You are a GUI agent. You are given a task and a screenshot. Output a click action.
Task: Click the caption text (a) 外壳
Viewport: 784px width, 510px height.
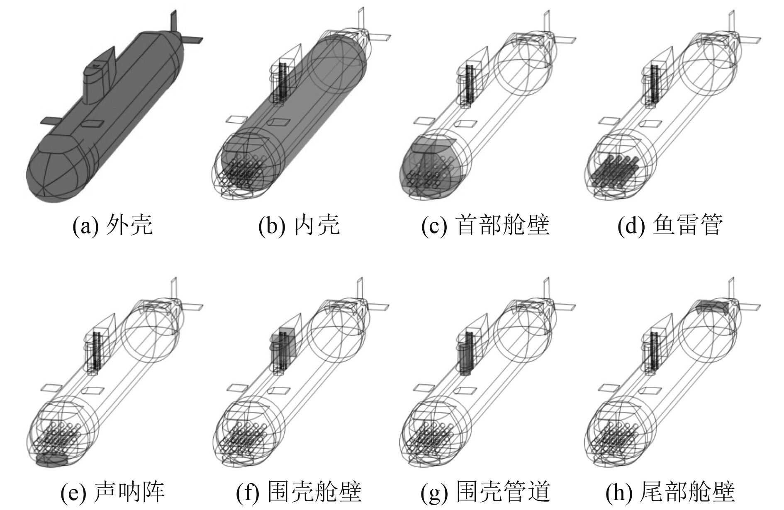112,226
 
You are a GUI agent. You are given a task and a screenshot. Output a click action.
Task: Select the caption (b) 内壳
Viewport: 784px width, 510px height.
299,226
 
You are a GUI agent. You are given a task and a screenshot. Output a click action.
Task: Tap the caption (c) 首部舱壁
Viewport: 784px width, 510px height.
485,226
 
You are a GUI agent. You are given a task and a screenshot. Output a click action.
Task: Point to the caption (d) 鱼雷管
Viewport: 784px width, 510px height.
670,226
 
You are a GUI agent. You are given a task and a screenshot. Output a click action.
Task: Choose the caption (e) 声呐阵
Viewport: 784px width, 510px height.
112,492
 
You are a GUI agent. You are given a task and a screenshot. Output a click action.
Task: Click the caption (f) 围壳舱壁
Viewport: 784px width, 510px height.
299,492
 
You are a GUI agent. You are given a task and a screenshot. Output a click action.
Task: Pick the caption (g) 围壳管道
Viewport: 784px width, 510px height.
485,492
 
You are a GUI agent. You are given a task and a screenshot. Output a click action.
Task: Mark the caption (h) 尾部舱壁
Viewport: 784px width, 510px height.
670,492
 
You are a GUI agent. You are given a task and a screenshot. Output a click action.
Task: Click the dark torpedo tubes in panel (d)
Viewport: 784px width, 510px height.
614,170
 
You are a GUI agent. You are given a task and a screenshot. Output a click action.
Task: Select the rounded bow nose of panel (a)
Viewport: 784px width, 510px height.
50,174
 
